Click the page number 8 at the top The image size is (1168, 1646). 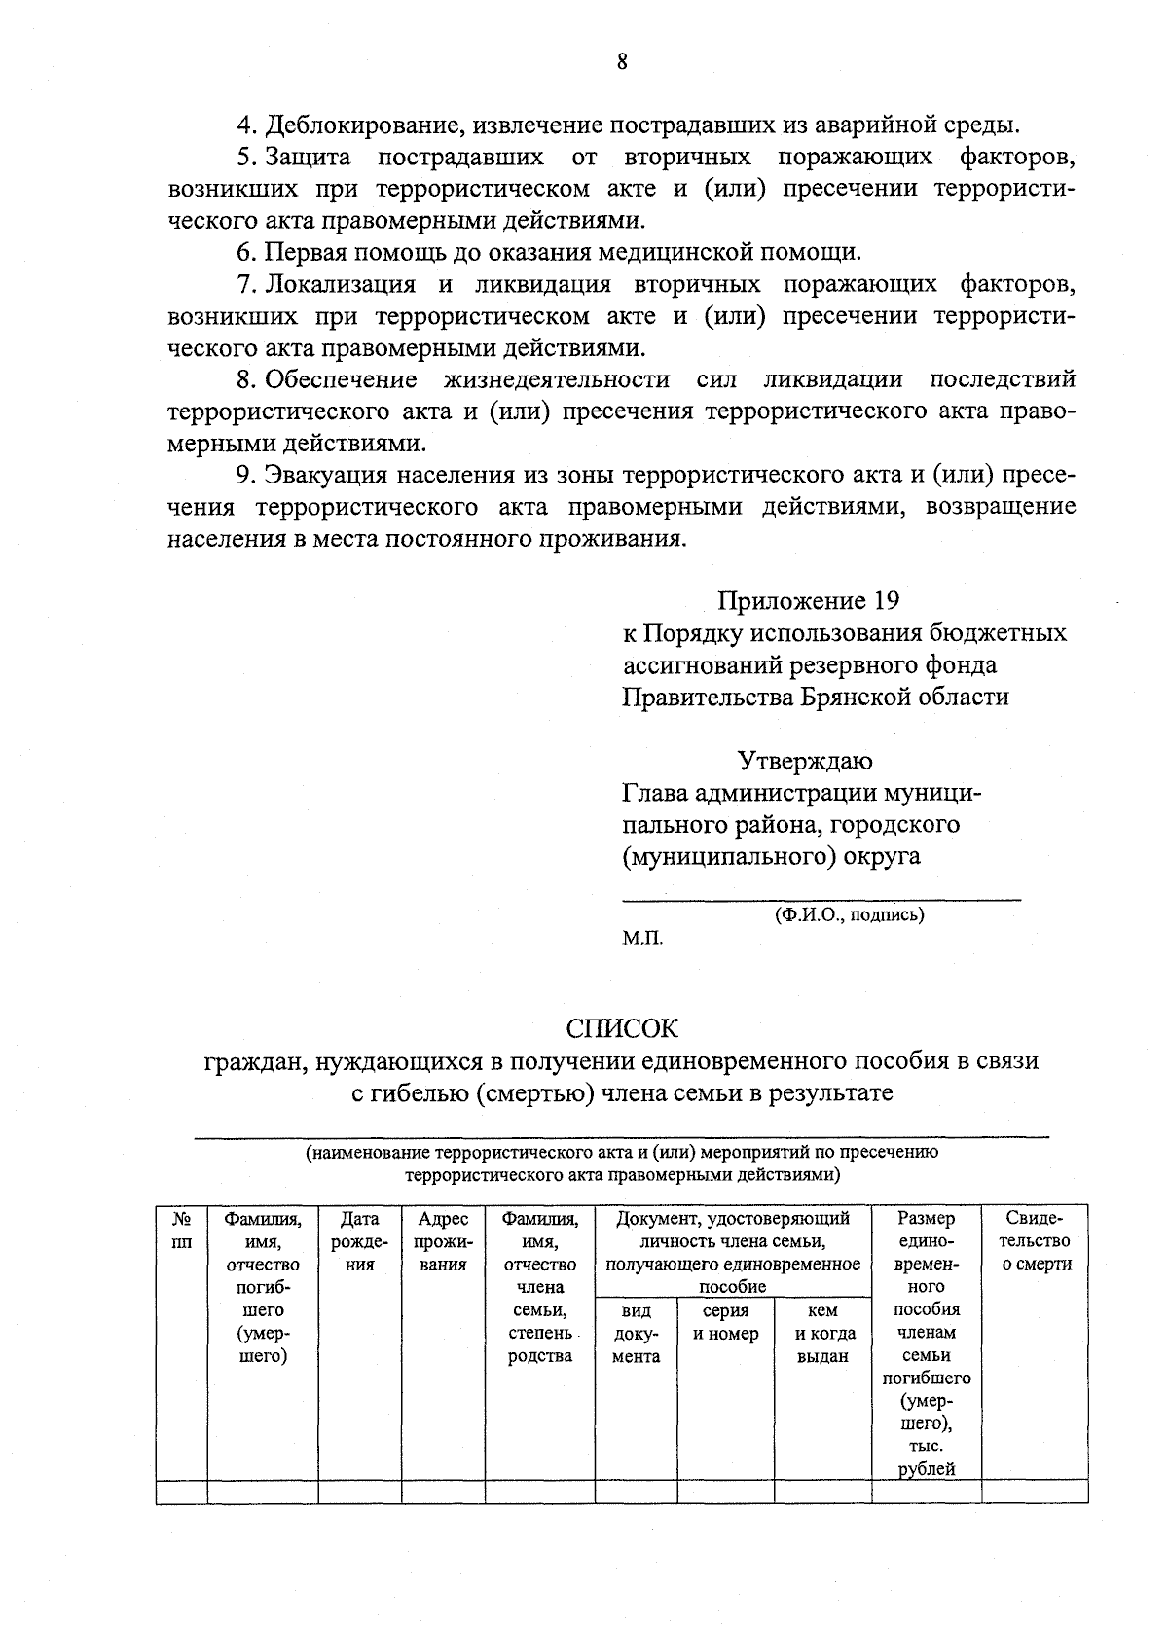[x=621, y=62]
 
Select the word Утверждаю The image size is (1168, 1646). [x=804, y=760]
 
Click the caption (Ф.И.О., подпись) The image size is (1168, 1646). [x=849, y=915]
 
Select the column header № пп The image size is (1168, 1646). [x=181, y=1230]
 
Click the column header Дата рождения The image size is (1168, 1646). [x=359, y=1241]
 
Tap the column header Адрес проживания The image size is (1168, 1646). [x=443, y=1241]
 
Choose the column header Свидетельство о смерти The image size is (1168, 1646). [x=1035, y=1241]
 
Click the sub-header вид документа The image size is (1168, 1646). [x=636, y=1334]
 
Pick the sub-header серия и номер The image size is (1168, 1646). [x=725, y=1323]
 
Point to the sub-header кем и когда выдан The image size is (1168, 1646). [x=822, y=1334]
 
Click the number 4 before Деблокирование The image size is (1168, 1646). [x=245, y=125]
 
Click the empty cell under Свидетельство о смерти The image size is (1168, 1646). [x=1035, y=1490]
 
